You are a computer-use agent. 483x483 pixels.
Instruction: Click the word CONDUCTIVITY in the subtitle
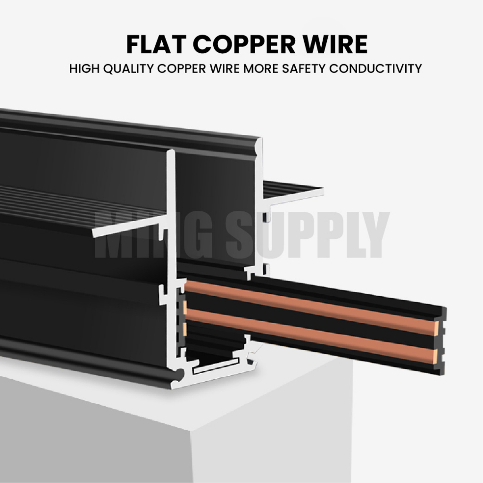click(375, 69)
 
